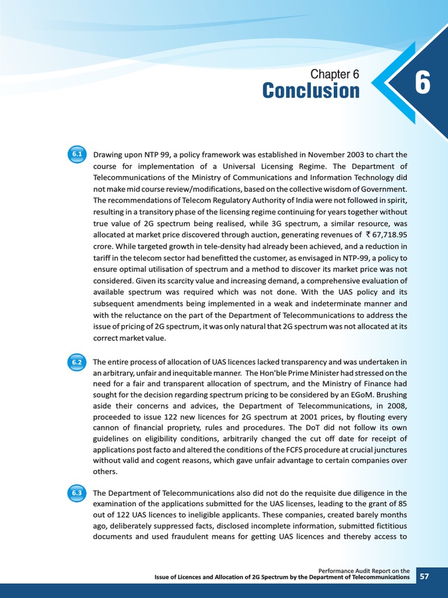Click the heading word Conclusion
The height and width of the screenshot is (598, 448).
click(310, 91)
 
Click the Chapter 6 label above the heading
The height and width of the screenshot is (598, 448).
click(334, 74)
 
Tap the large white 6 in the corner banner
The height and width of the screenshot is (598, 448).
click(422, 84)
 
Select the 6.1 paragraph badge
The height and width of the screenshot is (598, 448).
click(78, 155)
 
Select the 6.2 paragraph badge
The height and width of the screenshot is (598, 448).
click(78, 362)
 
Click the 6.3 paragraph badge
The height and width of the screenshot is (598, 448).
click(78, 493)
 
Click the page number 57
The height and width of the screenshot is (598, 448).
click(425, 577)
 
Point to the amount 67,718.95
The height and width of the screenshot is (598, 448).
click(386, 234)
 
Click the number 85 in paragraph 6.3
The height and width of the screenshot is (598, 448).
click(402, 504)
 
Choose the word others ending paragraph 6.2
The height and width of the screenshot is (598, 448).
click(105, 471)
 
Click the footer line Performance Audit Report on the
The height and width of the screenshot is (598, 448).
click(364, 571)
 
